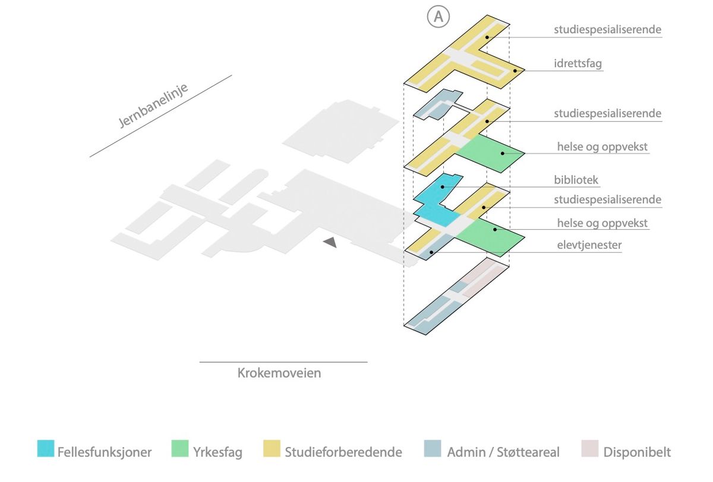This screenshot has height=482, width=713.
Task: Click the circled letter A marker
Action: click(x=438, y=17)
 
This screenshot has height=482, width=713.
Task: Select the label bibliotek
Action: click(x=576, y=179)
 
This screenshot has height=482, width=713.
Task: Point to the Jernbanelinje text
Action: click(x=153, y=105)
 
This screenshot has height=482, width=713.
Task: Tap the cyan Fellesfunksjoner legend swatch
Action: click(x=45, y=449)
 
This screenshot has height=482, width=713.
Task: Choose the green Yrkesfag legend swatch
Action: click(x=179, y=449)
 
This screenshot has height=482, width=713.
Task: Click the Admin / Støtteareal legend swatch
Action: click(x=433, y=449)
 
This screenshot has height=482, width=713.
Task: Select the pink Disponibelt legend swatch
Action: click(x=586, y=449)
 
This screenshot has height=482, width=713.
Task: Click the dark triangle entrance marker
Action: click(x=330, y=242)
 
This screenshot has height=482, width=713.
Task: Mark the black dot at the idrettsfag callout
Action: click(x=515, y=71)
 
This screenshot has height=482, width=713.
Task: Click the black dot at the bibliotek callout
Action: click(x=443, y=187)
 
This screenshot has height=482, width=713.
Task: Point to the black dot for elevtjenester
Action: click(x=431, y=252)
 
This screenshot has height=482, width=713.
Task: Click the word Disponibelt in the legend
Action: click(x=637, y=452)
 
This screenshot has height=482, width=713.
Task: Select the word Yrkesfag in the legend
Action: click(x=217, y=452)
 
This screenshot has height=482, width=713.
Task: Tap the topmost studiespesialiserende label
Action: click(x=607, y=29)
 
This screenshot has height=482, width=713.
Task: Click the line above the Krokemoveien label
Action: click(x=283, y=361)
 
